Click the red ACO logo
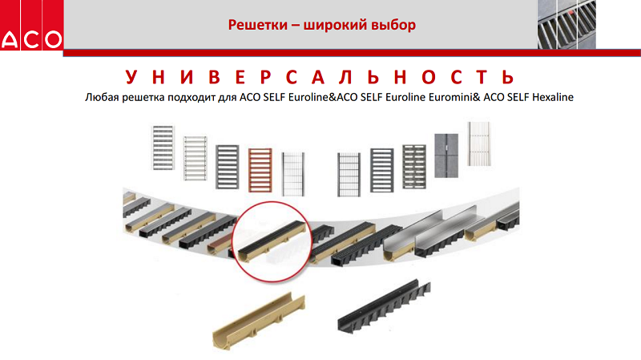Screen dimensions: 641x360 pyautogui.click(x=31, y=25)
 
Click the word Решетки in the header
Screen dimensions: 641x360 pyautogui.click(x=257, y=25)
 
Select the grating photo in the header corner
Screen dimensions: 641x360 pyautogui.click(x=566, y=24)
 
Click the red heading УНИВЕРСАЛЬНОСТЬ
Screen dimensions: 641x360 pyautogui.click(x=319, y=77)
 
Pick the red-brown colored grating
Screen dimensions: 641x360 pyautogui.click(x=260, y=170)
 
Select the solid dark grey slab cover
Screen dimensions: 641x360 pyautogui.click(x=446, y=156)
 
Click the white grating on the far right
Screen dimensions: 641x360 pyautogui.click(x=479, y=144)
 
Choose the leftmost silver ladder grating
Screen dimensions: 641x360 pyautogui.click(x=163, y=148)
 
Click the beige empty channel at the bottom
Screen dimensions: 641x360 pyautogui.click(x=258, y=322)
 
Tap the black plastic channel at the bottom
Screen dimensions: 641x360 pyautogui.click(x=384, y=305)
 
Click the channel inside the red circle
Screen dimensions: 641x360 pyautogui.click(x=272, y=241)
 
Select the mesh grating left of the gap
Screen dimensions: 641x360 pyautogui.click(x=293, y=174)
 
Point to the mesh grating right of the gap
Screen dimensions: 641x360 pyautogui.click(x=349, y=175)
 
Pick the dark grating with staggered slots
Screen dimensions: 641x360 pyautogui.click(x=414, y=167)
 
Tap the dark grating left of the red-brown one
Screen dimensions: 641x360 pyautogui.click(x=228, y=167)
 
